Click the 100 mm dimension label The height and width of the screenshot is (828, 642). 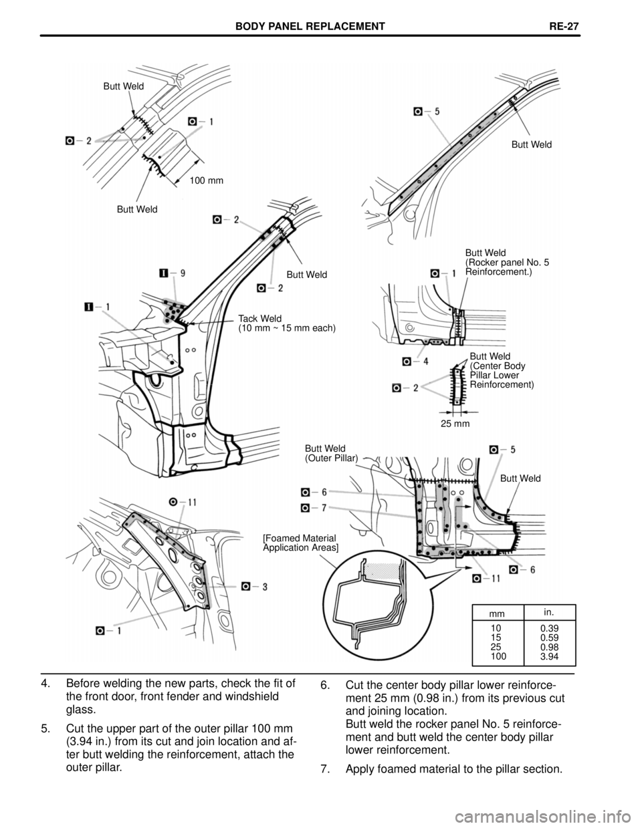click(206, 180)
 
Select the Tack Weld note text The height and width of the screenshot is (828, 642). click(287, 323)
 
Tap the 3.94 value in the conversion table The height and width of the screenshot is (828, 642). click(551, 658)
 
